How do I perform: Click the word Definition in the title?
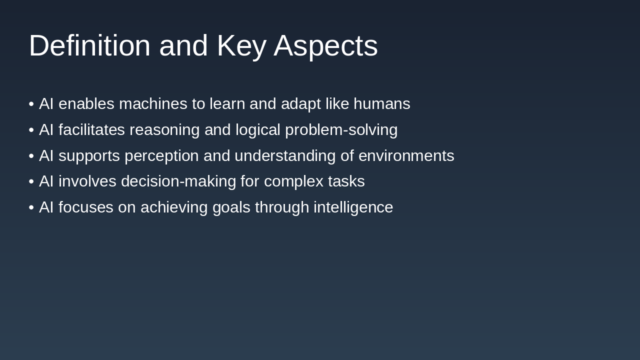89,45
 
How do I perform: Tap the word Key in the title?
241,45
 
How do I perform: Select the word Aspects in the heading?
325,45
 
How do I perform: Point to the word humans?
381,104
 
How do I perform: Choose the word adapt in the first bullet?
300,104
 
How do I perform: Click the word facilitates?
91,130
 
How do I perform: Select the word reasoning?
164,130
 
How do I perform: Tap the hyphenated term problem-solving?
341,130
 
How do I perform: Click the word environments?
406,156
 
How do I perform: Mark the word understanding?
285,156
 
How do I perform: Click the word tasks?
346,181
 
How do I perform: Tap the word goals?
231,207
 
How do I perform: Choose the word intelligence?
353,207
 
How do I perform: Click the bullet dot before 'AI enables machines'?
31,104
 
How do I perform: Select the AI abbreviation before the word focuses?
46,207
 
